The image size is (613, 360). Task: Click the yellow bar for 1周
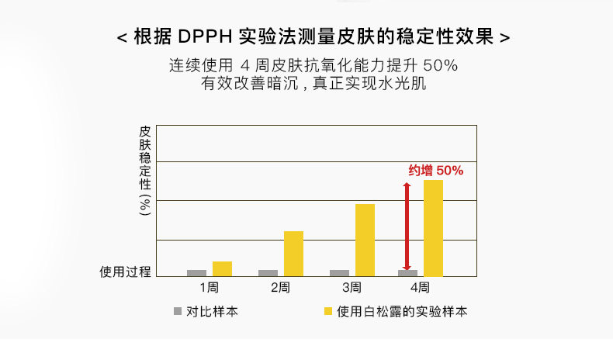point(222,268)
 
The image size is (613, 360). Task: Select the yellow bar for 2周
point(293,254)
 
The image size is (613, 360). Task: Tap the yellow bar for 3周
point(365,240)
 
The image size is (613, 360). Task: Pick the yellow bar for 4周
point(433,228)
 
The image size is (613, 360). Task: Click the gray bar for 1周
point(197,273)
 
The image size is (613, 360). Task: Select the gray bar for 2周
point(268,273)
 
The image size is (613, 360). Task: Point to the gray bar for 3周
point(339,273)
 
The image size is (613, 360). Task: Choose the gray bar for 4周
point(407,273)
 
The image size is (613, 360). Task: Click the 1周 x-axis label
point(209,288)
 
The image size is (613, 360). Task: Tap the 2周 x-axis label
point(280,288)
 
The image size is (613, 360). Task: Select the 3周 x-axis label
point(352,288)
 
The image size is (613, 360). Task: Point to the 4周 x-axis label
point(420,288)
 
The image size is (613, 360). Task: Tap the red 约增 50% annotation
point(435,171)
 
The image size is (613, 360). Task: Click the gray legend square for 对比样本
point(177,311)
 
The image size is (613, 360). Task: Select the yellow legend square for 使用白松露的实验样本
point(328,311)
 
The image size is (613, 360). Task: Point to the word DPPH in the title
point(204,36)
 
